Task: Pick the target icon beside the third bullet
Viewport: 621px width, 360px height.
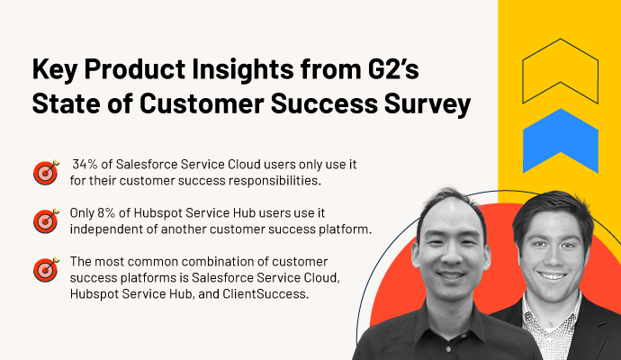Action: [45, 269]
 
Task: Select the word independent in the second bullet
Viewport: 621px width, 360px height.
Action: [108, 229]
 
